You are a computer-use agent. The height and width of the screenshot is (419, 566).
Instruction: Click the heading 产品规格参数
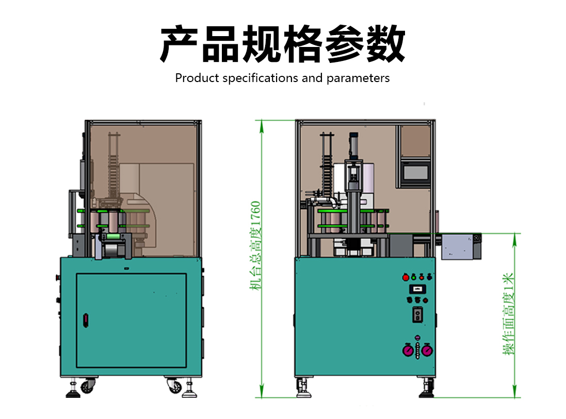(283, 44)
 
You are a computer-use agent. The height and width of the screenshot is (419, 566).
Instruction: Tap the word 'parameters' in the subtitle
(358, 78)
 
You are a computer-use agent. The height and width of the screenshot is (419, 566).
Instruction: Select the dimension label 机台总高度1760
(256, 245)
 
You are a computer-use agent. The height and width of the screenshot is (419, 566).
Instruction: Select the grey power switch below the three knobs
(417, 315)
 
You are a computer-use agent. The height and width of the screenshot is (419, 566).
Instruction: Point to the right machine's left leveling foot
(303, 389)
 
